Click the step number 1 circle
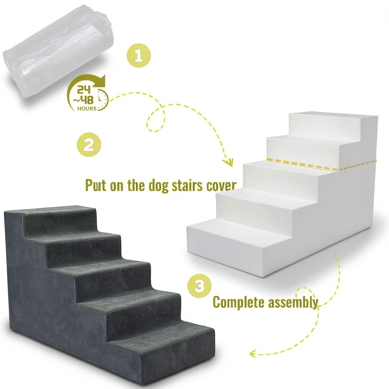coord(139,55)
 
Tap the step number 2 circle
coord(89,145)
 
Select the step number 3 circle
coord(199,286)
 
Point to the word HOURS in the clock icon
coord(87,108)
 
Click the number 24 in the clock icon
coord(84,90)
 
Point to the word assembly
coord(293,302)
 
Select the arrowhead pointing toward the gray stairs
coord(253,354)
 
